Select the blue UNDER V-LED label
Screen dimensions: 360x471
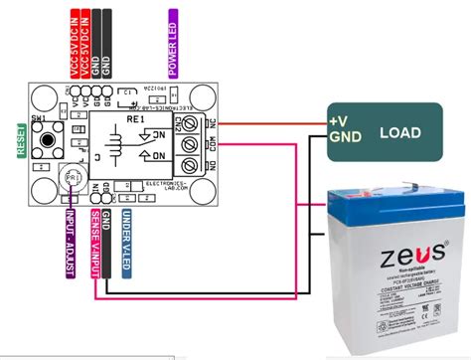(x=127, y=240)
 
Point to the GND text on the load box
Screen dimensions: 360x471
(x=343, y=137)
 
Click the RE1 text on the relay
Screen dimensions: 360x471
(x=135, y=120)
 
